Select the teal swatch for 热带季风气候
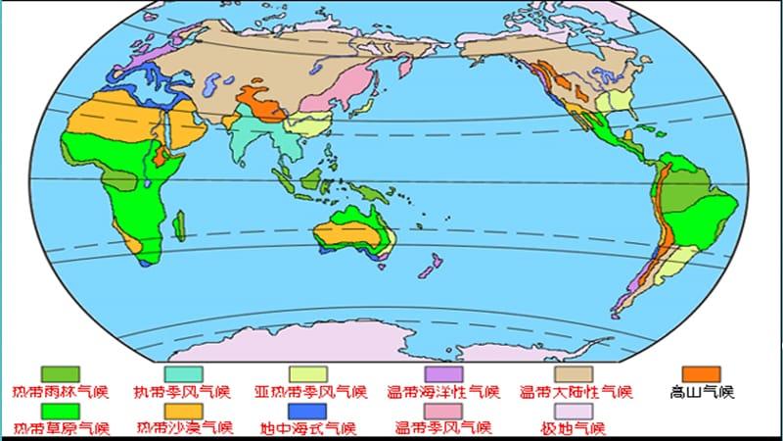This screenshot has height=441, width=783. point(183,374)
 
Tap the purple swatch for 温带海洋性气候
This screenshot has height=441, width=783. point(442,374)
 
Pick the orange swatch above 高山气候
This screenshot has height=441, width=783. point(701,374)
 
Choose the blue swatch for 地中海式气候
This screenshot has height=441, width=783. point(307,411)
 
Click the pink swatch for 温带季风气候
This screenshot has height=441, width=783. point(442,411)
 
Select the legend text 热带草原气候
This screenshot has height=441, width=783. point(62,429)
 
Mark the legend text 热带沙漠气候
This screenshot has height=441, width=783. point(184,429)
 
